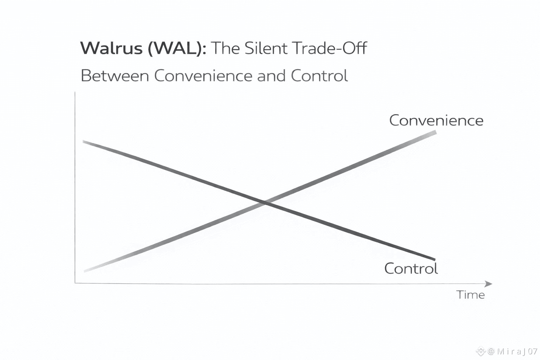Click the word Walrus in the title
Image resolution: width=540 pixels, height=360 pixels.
pyautogui.click(x=111, y=48)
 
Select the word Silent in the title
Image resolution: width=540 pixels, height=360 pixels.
pyautogui.click(x=265, y=48)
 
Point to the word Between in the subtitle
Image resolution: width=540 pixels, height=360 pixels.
pyautogui.click(x=115, y=76)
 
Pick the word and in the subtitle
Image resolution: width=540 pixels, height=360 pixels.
pyautogui.click(x=271, y=76)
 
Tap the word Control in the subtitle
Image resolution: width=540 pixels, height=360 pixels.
pyautogui.click(x=319, y=76)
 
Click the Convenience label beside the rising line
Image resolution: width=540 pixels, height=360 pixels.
pyautogui.click(x=436, y=121)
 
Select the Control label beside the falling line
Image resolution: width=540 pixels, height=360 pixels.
pyautogui.click(x=411, y=269)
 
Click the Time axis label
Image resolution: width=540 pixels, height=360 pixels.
pyautogui.click(x=470, y=295)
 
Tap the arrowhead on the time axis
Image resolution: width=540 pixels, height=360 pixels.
pyautogui.click(x=489, y=284)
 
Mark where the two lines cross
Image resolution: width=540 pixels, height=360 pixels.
pyautogui.click(x=265, y=202)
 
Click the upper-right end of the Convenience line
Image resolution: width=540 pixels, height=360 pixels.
pyautogui.click(x=436, y=132)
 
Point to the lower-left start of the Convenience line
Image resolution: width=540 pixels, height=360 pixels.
pyautogui.click(x=85, y=271)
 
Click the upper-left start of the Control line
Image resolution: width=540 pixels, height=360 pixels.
pyautogui.click(x=84, y=141)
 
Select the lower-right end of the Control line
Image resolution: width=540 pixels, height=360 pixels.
pyautogui.click(x=435, y=259)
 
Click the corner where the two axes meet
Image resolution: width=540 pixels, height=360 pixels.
pyautogui.click(x=75, y=283)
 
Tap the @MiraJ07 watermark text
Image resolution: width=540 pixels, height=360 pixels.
pyautogui.click(x=513, y=351)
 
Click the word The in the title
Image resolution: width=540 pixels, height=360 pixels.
pyautogui.click(x=225, y=48)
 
